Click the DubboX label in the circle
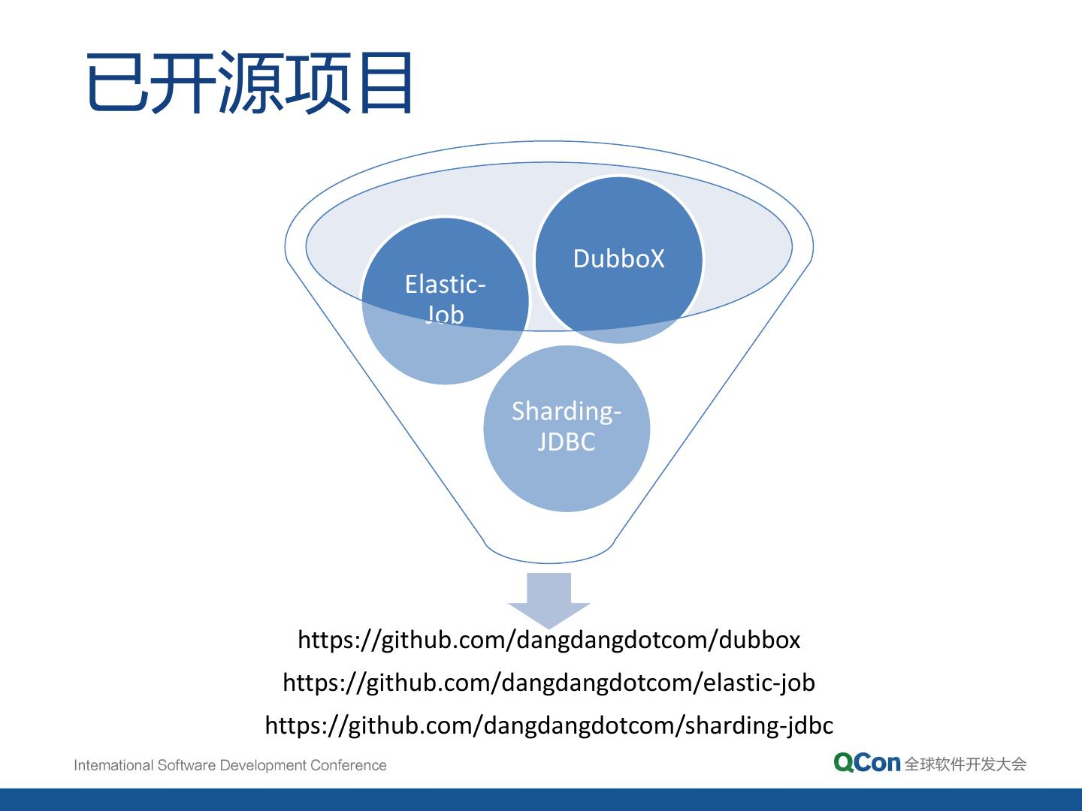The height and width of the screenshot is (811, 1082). [618, 258]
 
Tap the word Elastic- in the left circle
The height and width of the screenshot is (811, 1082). [445, 284]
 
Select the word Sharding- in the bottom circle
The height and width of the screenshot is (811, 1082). [567, 411]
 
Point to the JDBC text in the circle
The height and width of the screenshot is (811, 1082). [567, 442]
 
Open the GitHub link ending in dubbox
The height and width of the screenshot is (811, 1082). [549, 640]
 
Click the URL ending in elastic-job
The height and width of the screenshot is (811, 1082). [549, 683]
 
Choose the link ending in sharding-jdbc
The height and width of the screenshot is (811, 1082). [549, 725]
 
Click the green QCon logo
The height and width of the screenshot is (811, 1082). [866, 763]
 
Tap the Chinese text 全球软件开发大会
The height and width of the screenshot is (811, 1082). [966, 764]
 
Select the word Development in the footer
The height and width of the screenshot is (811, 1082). [263, 766]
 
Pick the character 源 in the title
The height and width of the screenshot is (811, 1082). [251, 83]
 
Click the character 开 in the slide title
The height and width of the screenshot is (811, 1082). [184, 83]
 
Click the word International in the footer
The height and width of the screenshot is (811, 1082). [113, 766]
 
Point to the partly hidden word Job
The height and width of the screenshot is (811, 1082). [445, 314]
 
